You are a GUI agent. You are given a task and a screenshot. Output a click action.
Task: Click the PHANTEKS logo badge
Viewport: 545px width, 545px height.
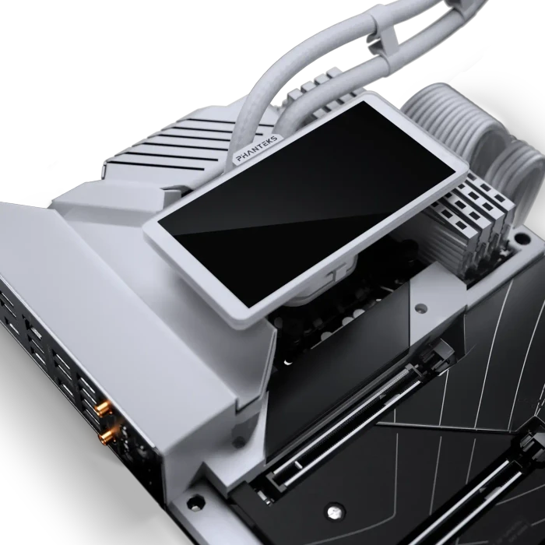[x=257, y=149]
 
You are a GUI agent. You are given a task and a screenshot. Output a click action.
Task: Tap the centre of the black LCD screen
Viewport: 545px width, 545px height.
[x=307, y=204]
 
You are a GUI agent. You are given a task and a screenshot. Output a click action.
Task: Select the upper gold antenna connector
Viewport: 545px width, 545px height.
[x=104, y=409]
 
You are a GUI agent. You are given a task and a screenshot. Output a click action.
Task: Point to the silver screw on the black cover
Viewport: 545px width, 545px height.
[x=335, y=512]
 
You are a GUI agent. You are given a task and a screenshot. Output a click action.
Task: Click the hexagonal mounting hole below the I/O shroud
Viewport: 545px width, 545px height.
[x=195, y=503]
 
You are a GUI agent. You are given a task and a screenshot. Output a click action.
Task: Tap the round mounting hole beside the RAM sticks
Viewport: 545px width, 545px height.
[x=522, y=238]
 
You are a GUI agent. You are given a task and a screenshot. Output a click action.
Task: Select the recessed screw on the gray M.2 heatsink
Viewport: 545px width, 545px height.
[x=421, y=308]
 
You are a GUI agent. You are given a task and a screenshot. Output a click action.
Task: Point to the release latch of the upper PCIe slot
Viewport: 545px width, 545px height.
[x=438, y=354]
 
